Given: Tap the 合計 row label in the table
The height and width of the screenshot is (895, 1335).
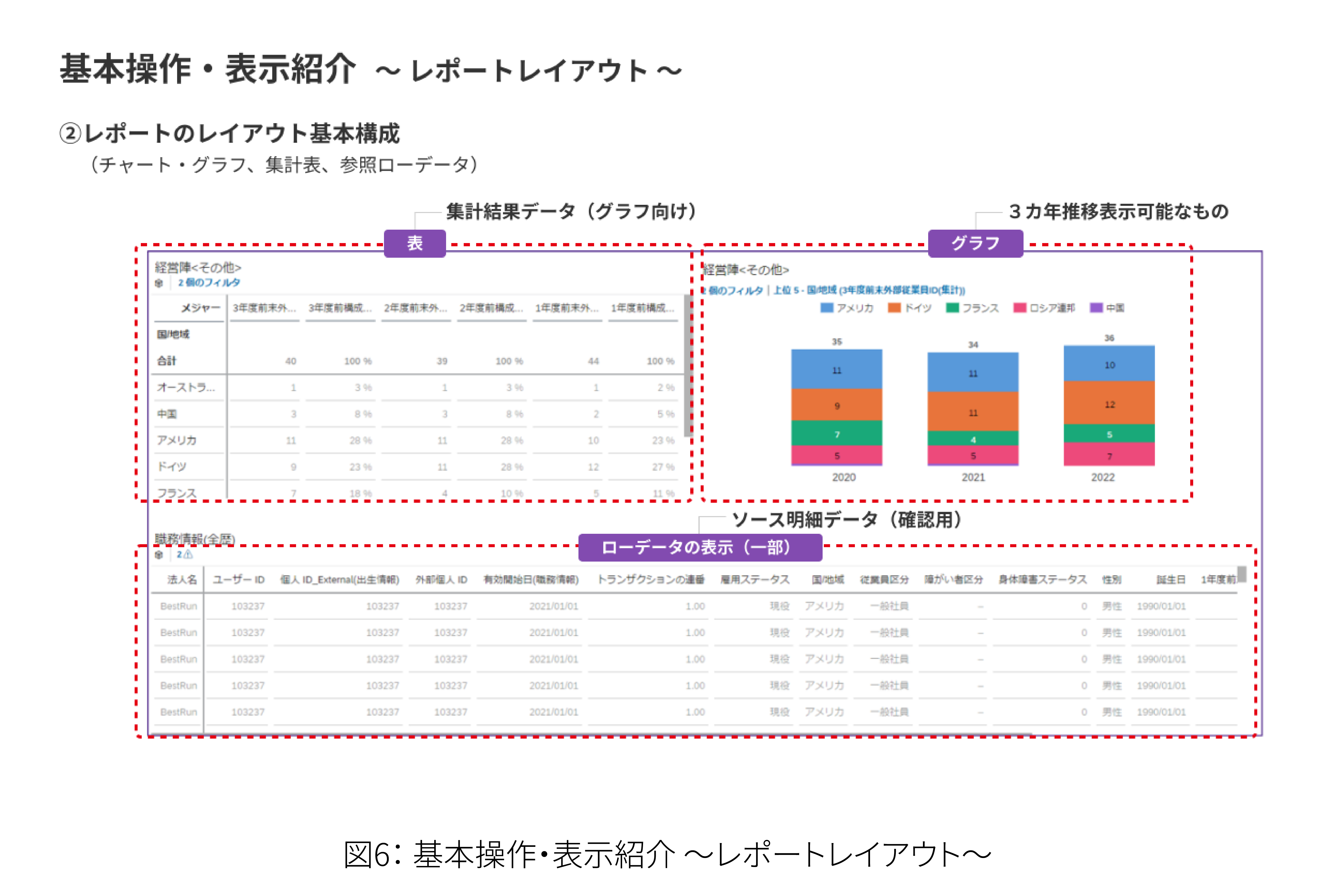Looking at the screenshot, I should click(167, 361).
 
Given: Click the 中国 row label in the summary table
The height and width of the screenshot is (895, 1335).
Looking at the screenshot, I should click(167, 414).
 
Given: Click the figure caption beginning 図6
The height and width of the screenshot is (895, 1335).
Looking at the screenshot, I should click(667, 855).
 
